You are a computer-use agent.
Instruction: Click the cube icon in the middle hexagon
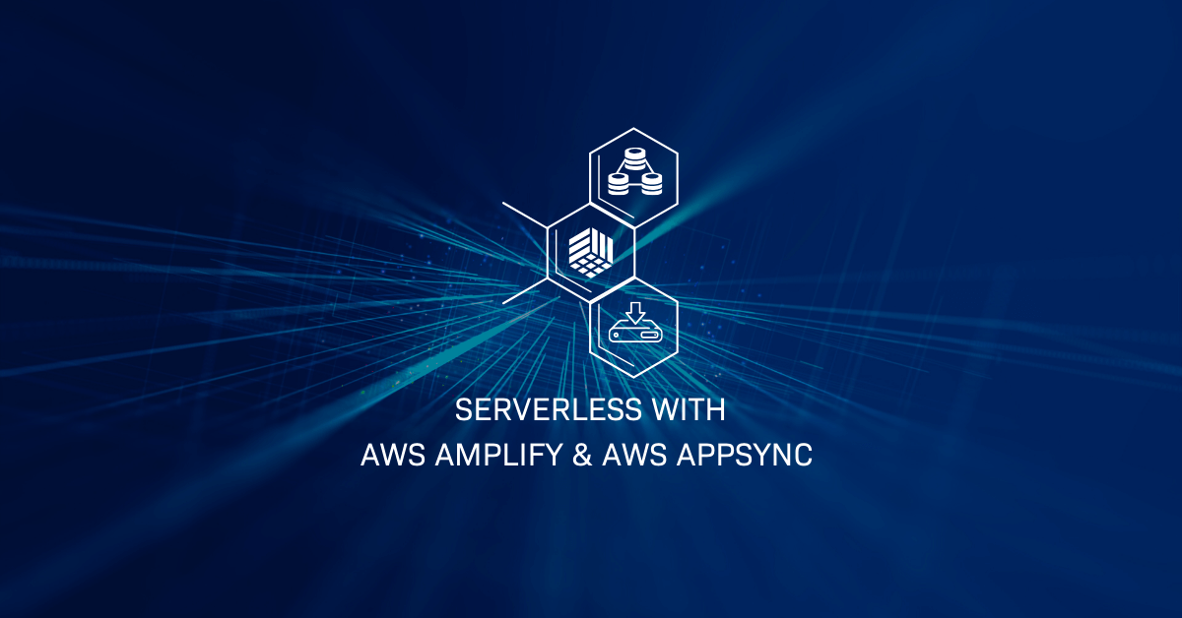[591, 252]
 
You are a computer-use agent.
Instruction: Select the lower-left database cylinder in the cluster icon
[619, 183]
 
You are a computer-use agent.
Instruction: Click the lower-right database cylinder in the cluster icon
[651, 183]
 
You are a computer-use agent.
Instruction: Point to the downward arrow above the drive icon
[634, 313]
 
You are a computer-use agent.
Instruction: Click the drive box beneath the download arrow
[634, 335]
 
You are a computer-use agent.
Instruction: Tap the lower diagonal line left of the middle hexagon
[525, 289]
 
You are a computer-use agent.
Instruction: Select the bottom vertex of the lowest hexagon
[634, 379]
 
